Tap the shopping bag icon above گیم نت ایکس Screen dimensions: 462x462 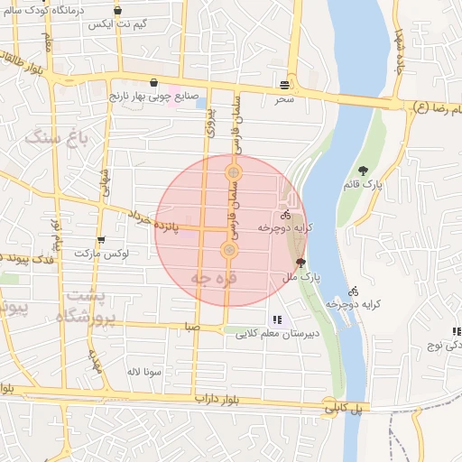click(117, 11)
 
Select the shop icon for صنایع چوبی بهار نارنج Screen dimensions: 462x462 click(153, 82)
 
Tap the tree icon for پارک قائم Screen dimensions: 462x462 click(363, 170)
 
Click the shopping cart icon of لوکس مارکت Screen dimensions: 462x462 click(100, 240)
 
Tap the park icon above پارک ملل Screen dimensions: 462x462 click(300, 262)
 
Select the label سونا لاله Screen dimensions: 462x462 click(144, 371)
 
